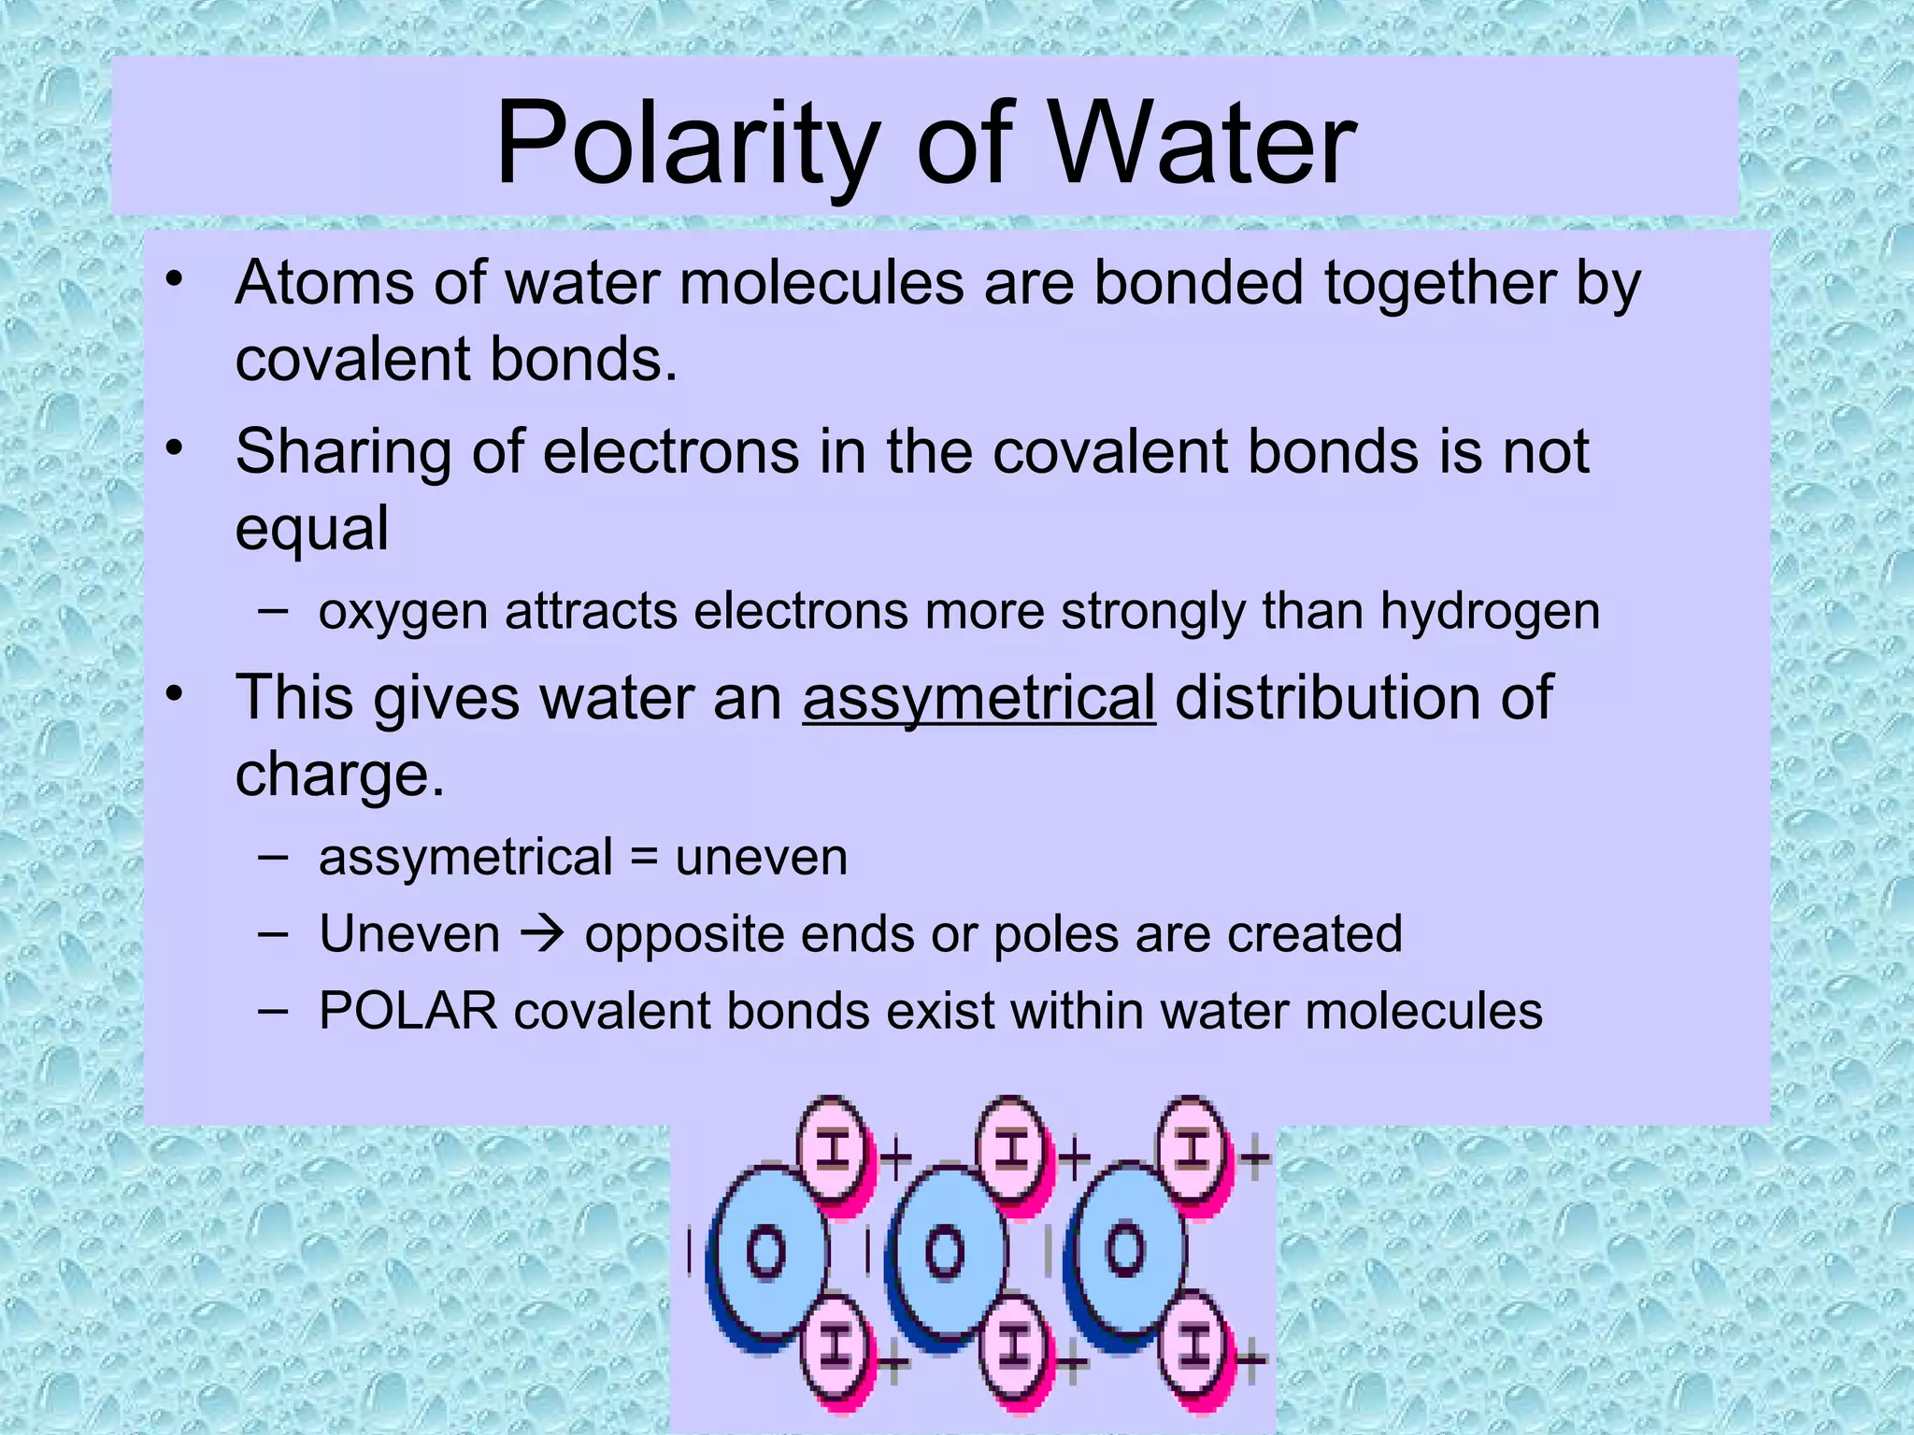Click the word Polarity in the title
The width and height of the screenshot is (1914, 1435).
click(687, 145)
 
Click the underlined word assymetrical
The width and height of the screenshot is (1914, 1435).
click(978, 698)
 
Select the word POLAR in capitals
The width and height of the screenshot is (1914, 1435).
click(408, 1011)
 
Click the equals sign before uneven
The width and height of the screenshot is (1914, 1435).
click(644, 858)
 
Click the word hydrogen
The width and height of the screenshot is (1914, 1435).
click(1490, 613)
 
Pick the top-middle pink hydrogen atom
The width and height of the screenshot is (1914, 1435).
click(1012, 1149)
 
